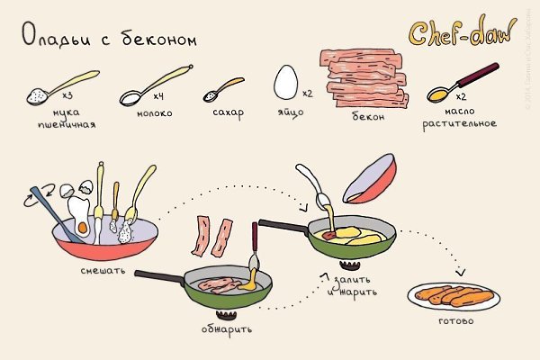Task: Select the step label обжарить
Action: (227, 328)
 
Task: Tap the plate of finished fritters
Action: (454, 295)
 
